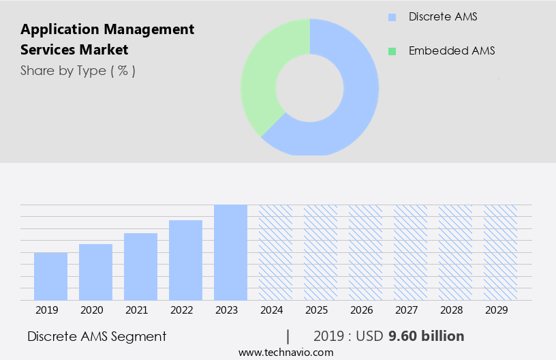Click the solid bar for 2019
coord(50,276)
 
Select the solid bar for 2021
coord(140,267)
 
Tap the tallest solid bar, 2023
coord(230,252)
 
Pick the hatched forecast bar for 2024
coord(275,252)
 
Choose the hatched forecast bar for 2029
coord(500,252)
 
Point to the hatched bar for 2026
coord(365,252)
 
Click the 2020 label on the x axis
coord(91,310)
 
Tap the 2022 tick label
coord(181,310)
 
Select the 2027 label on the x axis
coord(406,310)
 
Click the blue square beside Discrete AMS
coord(391,17)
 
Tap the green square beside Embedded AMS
coord(391,51)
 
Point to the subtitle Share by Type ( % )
coord(78,70)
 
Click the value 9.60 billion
coord(426,336)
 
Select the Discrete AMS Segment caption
coord(97,336)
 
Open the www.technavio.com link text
coord(285,352)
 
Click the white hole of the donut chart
coord(310,87)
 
